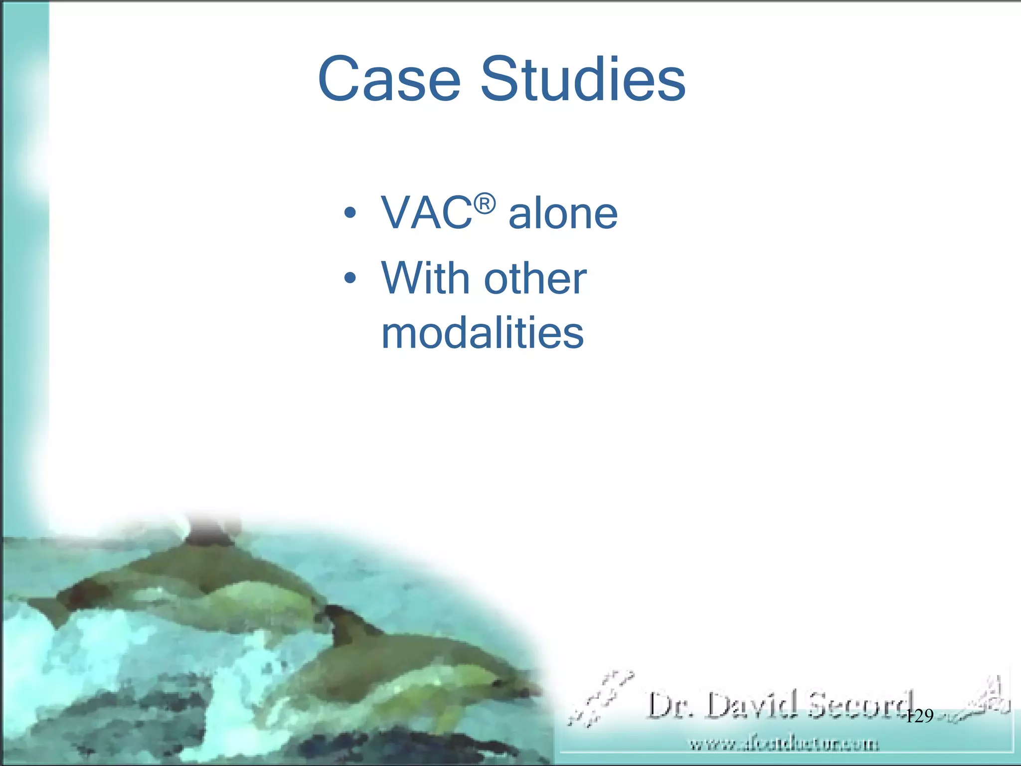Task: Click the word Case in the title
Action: click(389, 80)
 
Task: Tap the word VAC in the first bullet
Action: click(426, 213)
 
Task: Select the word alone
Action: click(563, 213)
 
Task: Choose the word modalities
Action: click(482, 333)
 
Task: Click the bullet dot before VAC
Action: click(350, 213)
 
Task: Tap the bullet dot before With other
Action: click(350, 277)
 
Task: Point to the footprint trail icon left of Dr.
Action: click(601, 698)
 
